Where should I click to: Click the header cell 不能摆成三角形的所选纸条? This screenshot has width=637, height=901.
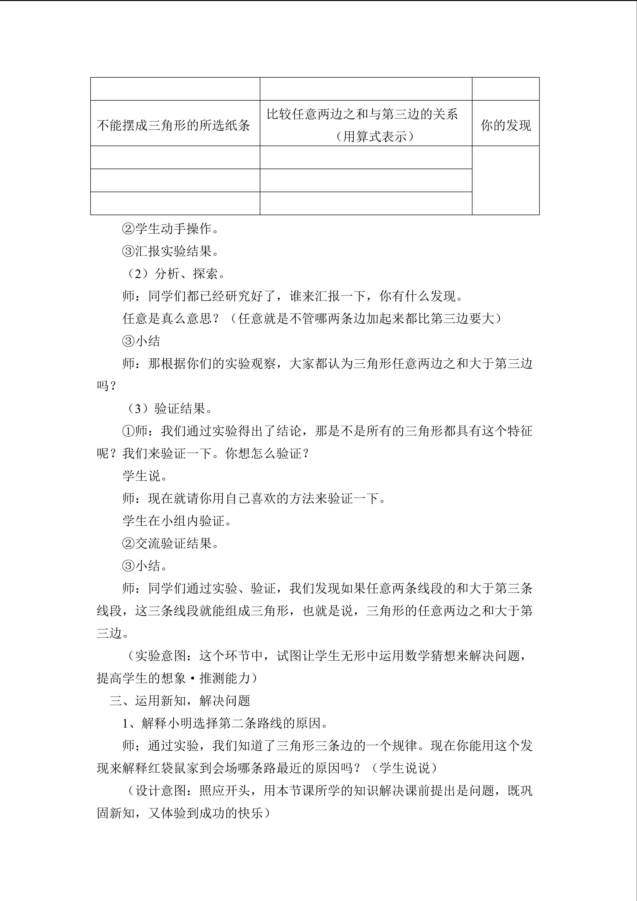pyautogui.click(x=173, y=126)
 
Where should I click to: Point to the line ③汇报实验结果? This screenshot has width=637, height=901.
pyautogui.click(x=171, y=251)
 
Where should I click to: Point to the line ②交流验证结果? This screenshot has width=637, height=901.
pyautogui.click(x=171, y=543)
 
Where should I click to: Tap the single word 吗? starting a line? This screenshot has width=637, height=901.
pyautogui.click(x=107, y=386)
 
